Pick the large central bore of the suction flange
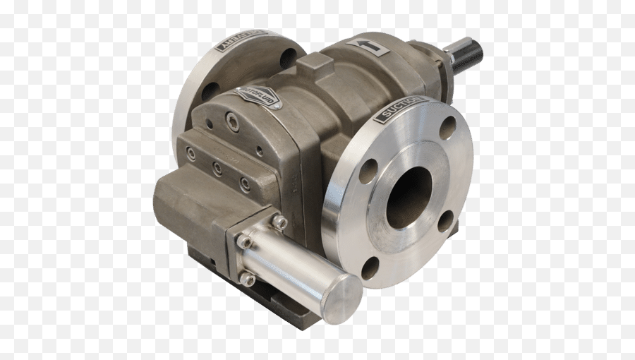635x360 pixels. [x=409, y=197]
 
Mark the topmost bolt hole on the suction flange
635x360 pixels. [x=448, y=128]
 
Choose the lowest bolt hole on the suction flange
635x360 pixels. [x=370, y=268]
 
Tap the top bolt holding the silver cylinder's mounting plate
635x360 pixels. [x=279, y=222]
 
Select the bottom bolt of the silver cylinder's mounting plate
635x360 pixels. [x=247, y=280]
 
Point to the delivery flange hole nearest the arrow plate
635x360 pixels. [x=288, y=59]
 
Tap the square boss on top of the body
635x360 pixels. [x=315, y=68]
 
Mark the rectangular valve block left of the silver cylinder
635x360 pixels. [x=187, y=205]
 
